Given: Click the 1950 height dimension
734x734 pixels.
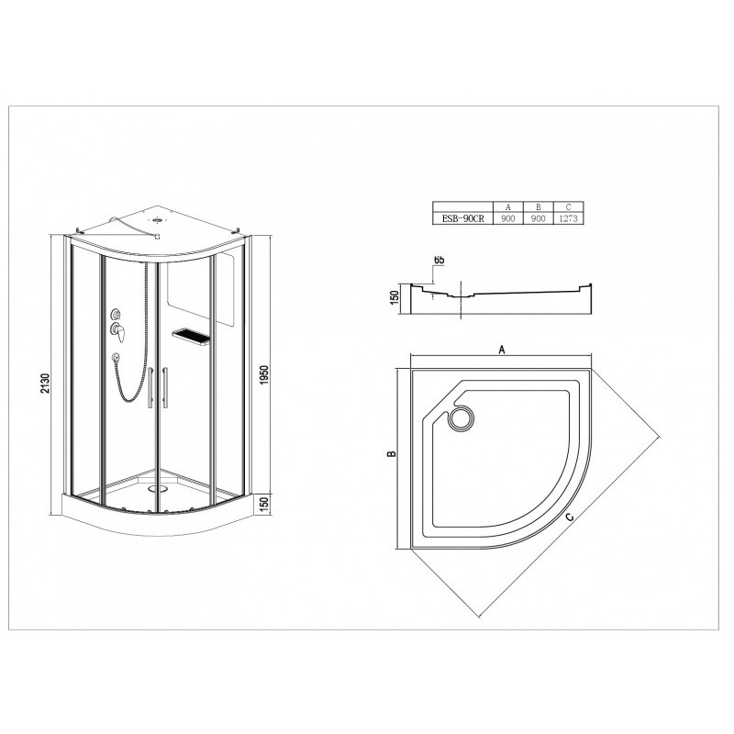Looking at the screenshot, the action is [x=264, y=375].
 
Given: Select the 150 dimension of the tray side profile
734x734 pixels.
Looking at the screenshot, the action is [x=394, y=296].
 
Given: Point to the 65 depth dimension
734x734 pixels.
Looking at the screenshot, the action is [x=439, y=260].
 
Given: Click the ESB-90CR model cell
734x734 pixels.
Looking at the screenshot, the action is [x=462, y=218].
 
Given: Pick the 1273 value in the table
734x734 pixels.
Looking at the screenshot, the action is [x=569, y=218].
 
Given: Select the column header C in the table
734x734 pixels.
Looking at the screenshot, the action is [x=569, y=207].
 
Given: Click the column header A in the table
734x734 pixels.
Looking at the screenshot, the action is [x=508, y=207].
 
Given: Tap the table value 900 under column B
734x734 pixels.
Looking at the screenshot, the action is [x=539, y=218].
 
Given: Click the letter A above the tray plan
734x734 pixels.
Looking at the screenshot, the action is [x=502, y=350].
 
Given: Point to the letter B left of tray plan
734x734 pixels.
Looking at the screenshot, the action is [x=393, y=453].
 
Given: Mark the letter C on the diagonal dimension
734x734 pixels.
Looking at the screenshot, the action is [x=569, y=517].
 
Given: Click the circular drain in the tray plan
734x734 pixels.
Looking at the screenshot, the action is [x=462, y=417].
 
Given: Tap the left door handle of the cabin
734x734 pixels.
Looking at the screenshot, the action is [x=150, y=388].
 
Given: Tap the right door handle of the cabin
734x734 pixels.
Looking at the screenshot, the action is [x=165, y=388].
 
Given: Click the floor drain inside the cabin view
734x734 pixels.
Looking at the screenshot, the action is [x=157, y=489].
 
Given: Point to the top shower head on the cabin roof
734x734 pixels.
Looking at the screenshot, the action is [x=157, y=218].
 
